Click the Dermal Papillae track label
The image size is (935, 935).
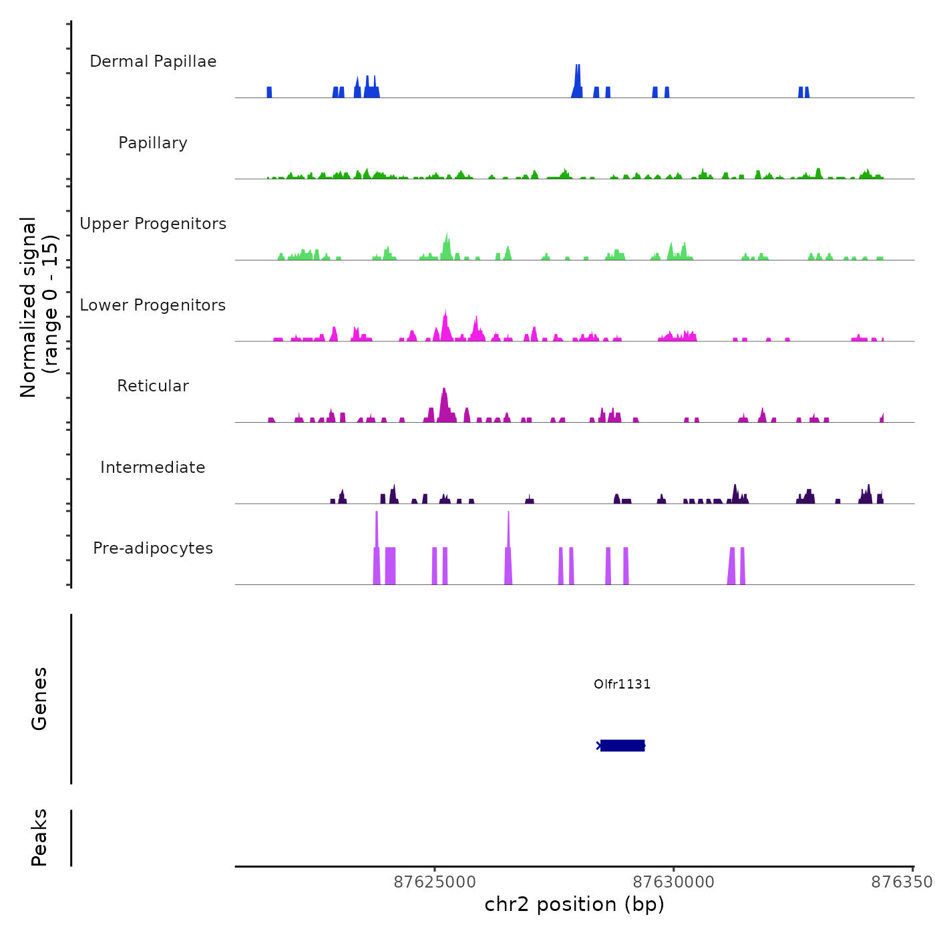coord(153,61)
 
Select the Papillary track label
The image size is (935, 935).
coord(153,143)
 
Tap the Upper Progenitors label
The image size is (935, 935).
coord(153,224)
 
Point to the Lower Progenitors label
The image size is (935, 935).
coord(153,305)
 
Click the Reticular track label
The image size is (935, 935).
coord(153,386)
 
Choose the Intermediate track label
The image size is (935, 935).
coord(153,467)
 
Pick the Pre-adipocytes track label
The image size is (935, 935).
coord(153,548)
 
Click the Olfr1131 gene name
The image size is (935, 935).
coord(622,684)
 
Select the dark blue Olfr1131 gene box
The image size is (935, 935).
coord(622,745)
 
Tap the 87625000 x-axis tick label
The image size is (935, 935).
coord(435,882)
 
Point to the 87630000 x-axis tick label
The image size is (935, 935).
coord(673,882)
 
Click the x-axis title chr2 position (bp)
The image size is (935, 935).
coord(574,904)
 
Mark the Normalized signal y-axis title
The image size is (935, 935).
coord(39,307)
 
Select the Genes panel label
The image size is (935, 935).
coord(39,699)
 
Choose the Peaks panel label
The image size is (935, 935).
coord(39,837)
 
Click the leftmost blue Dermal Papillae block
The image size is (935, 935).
coord(269,92)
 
